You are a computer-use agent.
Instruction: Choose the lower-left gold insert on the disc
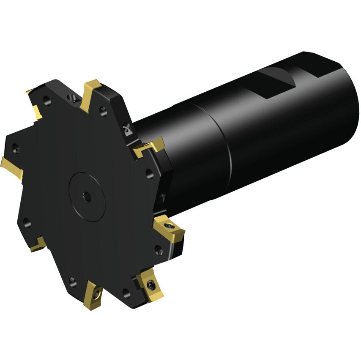(x=38, y=244)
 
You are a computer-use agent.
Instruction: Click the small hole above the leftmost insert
(x=16, y=148)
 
